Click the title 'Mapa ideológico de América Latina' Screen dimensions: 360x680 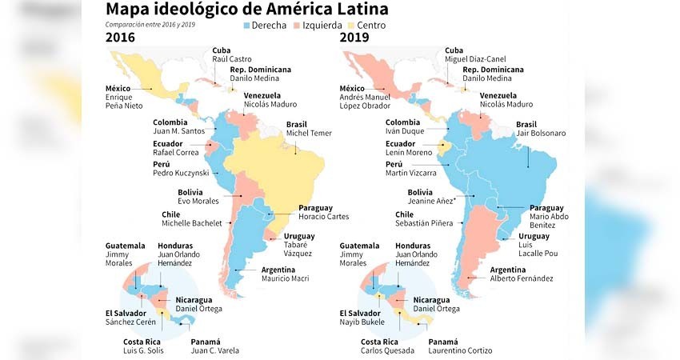click(247, 10)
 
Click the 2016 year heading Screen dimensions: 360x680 click(120, 38)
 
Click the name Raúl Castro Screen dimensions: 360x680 click(231, 60)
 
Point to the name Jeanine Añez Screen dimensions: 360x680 click(431, 201)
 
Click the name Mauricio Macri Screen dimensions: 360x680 click(285, 278)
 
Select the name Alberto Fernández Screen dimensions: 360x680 click(521, 278)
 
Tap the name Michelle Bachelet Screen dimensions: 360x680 click(192, 224)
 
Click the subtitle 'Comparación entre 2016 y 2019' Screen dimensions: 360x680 click(150, 24)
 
